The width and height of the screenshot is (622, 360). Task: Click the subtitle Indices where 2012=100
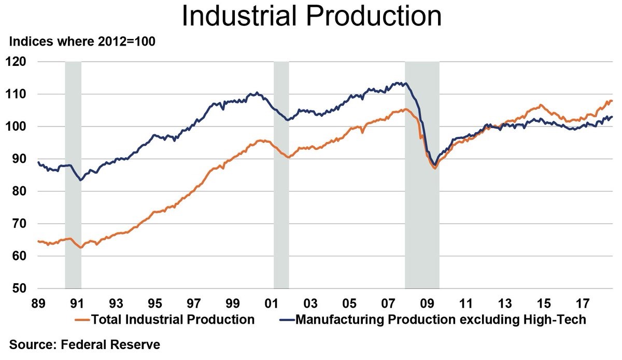(82, 42)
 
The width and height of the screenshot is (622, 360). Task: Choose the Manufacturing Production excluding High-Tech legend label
(441, 320)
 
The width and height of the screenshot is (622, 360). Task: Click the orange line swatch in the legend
(82, 320)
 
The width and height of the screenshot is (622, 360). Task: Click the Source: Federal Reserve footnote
(84, 344)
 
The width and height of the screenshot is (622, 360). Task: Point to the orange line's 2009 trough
(435, 168)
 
